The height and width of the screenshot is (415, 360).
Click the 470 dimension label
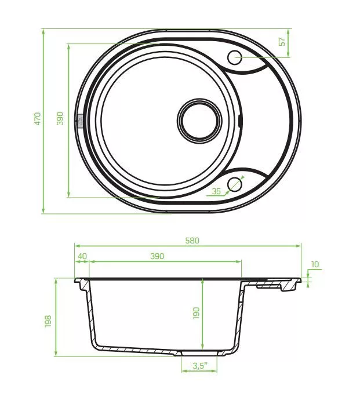[x=38, y=119]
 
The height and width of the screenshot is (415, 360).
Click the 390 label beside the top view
[x=60, y=118]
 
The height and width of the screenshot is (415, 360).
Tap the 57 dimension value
[x=282, y=42]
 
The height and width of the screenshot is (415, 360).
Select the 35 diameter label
[x=216, y=191]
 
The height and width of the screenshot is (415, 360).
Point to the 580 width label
[x=192, y=241]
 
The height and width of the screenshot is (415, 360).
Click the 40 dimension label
[x=82, y=256]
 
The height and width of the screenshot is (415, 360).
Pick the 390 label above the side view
[x=157, y=256]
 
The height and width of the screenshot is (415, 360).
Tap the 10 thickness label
[x=315, y=264]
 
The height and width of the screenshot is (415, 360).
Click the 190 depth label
[x=196, y=313]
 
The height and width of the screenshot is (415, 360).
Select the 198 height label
[x=48, y=321]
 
